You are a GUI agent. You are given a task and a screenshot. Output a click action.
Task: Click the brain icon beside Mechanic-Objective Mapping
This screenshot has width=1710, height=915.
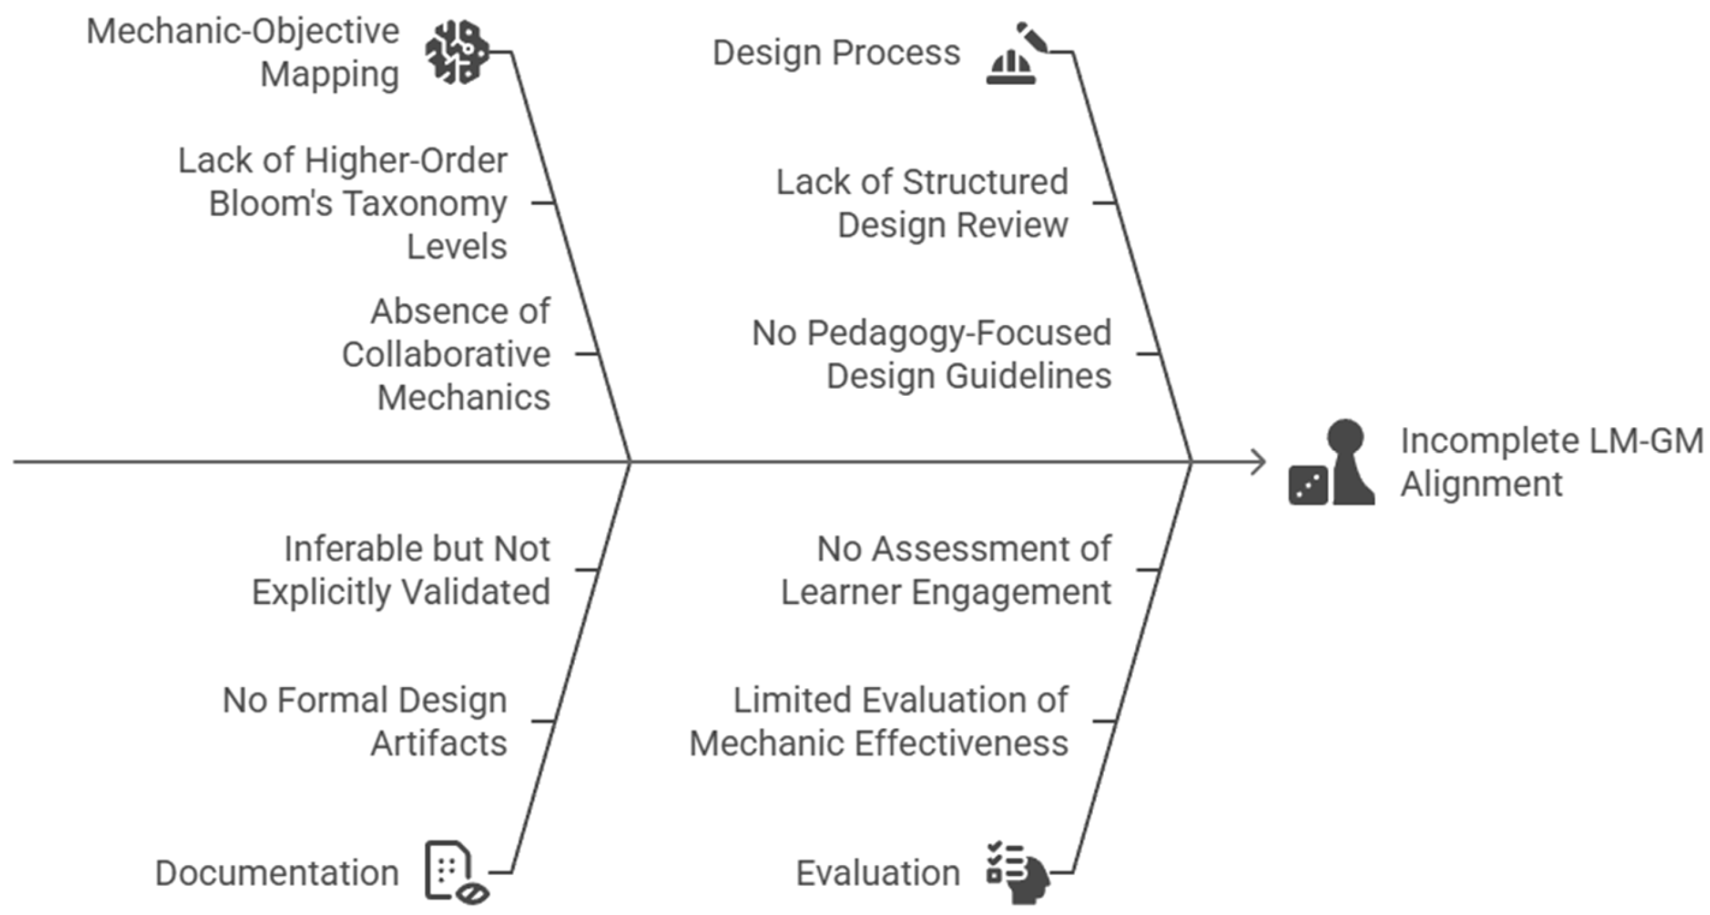457,52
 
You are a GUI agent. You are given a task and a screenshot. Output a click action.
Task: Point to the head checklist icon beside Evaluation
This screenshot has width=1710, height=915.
1018,872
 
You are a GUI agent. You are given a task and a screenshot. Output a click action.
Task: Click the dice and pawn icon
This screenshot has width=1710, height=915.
1331,462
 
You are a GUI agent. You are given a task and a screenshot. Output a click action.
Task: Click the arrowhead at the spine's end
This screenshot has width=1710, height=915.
1258,462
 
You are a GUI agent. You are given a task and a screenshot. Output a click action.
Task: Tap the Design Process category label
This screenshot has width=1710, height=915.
836,52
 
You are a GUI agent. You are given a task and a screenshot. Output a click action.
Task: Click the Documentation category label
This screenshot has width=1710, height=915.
277,872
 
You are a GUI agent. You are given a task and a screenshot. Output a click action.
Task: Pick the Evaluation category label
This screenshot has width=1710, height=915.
878,872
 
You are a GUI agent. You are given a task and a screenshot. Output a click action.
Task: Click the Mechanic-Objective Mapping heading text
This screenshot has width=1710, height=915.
243,52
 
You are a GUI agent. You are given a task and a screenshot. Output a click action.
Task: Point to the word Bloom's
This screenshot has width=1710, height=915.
270,203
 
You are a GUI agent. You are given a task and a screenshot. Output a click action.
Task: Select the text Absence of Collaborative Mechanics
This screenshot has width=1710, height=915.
446,354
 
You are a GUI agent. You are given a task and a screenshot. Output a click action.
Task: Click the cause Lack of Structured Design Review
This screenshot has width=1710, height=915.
922,203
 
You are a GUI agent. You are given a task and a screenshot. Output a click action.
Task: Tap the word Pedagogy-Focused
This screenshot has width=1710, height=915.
959,333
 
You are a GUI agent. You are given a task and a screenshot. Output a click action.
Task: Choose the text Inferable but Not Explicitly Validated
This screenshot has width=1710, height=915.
401,570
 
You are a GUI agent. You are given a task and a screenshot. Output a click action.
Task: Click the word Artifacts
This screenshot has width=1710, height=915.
439,743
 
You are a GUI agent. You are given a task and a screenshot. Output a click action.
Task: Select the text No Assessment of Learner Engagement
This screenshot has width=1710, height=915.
946,570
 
